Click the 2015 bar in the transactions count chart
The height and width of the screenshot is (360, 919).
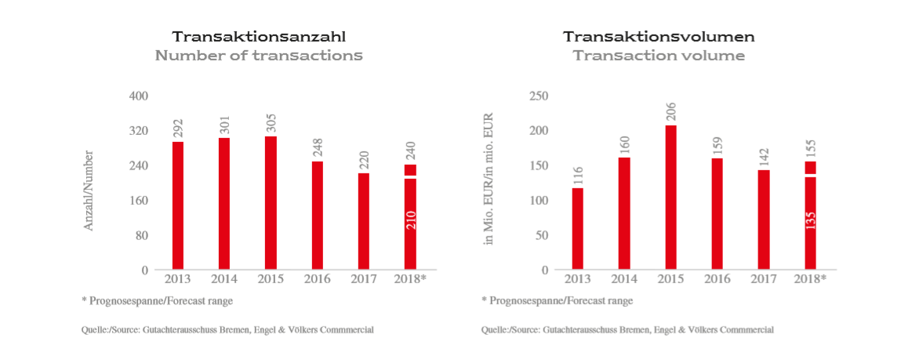[x=271, y=203]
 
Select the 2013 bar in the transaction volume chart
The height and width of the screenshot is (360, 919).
[x=578, y=228]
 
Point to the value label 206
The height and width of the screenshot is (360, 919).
[x=670, y=111]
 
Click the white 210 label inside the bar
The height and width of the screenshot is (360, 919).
[x=411, y=219]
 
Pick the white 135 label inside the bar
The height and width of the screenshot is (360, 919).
[x=810, y=219]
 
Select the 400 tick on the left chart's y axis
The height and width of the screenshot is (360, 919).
[x=139, y=96]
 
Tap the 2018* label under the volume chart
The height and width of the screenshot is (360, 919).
[x=810, y=279]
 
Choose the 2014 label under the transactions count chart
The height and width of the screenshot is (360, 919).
[x=223, y=279]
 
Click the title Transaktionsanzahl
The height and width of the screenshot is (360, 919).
[x=259, y=37]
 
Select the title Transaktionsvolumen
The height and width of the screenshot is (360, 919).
[x=659, y=37]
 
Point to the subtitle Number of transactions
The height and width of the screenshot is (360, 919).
[x=259, y=56]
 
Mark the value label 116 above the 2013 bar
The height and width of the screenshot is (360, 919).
[x=578, y=174]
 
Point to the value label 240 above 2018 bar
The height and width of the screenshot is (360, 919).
[x=411, y=149]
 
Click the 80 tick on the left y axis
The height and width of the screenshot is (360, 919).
[x=142, y=235]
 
